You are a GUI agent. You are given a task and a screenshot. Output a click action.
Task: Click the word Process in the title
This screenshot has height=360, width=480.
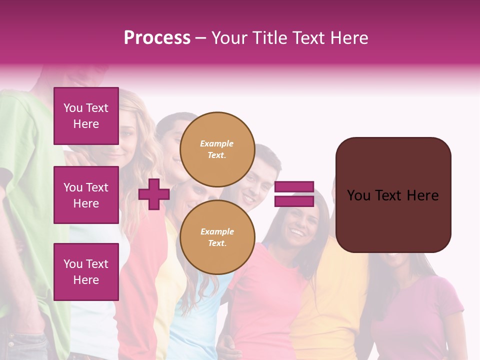(157, 38)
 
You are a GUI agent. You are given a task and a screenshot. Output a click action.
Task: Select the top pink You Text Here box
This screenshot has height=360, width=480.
(86, 116)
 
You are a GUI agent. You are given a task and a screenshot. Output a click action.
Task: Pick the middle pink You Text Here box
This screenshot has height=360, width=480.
(86, 195)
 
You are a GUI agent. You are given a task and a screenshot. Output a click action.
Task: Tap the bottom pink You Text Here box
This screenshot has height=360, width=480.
(86, 272)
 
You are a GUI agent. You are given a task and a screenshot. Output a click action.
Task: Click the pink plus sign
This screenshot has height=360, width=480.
(154, 194)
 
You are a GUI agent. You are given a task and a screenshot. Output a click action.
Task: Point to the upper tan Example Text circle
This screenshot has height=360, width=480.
(217, 149)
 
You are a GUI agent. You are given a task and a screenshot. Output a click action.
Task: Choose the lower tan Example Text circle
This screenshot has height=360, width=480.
(217, 237)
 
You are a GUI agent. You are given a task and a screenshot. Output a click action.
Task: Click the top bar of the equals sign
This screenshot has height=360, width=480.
(294, 187)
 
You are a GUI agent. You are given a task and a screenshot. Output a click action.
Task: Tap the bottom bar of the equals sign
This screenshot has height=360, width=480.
(294, 201)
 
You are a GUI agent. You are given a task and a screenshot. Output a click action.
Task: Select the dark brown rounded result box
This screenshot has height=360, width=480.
(393, 195)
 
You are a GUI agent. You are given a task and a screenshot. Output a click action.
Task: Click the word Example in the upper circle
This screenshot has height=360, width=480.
(217, 143)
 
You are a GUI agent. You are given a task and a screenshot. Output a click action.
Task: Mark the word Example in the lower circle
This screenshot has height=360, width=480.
(217, 231)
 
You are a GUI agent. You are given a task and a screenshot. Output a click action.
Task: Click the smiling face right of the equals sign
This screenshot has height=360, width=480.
(299, 227)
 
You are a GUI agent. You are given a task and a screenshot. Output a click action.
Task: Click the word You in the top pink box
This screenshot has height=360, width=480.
(72, 108)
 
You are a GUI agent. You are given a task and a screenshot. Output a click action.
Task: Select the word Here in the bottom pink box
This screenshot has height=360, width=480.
(86, 280)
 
